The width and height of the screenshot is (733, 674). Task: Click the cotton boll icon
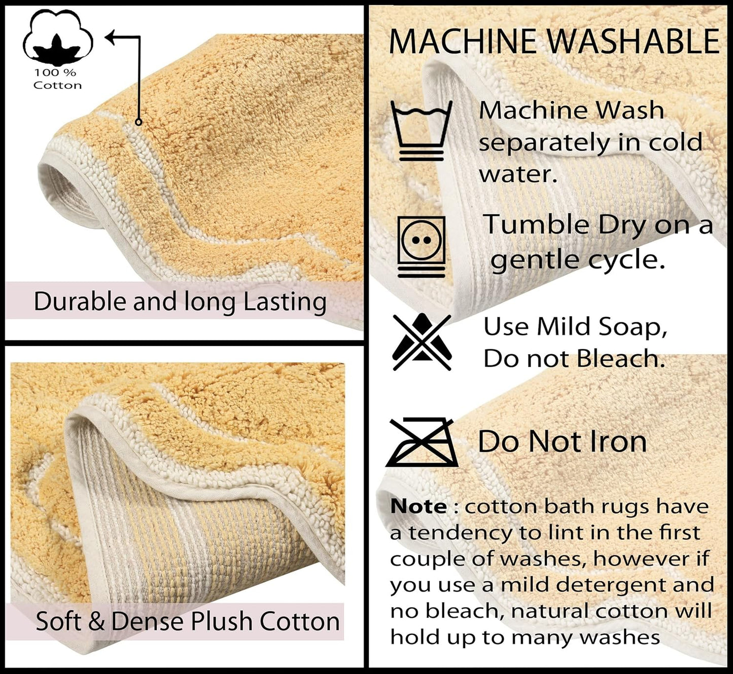click(x=58, y=39)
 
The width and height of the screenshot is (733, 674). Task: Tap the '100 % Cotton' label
click(x=57, y=79)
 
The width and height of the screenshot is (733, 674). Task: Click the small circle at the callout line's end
click(x=138, y=122)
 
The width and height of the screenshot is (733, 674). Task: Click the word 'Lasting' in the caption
click(x=285, y=303)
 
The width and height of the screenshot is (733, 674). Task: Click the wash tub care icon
click(x=422, y=130)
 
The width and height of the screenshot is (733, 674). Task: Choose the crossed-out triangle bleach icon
click(x=422, y=342)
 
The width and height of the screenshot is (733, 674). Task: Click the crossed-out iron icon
click(x=422, y=442)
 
